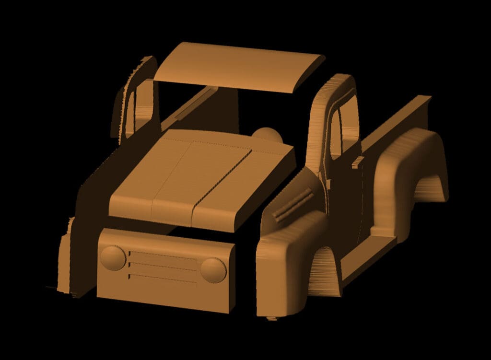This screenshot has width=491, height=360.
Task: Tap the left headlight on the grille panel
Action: click(x=113, y=257)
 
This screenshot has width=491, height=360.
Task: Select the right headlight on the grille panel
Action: click(x=213, y=270)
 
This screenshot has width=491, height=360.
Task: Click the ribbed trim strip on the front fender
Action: click(x=292, y=203)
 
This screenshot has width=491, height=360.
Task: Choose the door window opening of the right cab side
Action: click(x=336, y=134)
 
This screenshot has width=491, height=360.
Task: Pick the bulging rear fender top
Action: click(x=408, y=144)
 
